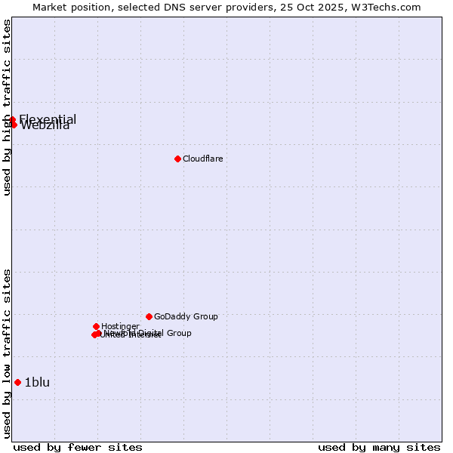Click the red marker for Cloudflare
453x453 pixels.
(177, 159)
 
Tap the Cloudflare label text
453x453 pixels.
(202, 159)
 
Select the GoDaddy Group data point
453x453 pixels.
(149, 316)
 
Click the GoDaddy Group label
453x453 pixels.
(186, 316)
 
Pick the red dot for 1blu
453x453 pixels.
(17, 382)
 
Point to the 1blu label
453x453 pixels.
(37, 382)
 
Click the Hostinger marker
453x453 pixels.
(96, 326)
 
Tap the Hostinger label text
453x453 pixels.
(120, 326)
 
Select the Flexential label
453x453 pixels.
(48, 119)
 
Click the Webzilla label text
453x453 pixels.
(45, 126)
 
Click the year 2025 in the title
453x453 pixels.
(338, 8)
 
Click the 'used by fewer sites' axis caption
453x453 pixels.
(78, 447)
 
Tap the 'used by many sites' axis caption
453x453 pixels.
(379, 447)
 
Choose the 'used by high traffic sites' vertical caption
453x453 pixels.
(8, 107)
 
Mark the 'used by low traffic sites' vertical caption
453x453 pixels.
(8, 353)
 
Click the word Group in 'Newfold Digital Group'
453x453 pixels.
(178, 333)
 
